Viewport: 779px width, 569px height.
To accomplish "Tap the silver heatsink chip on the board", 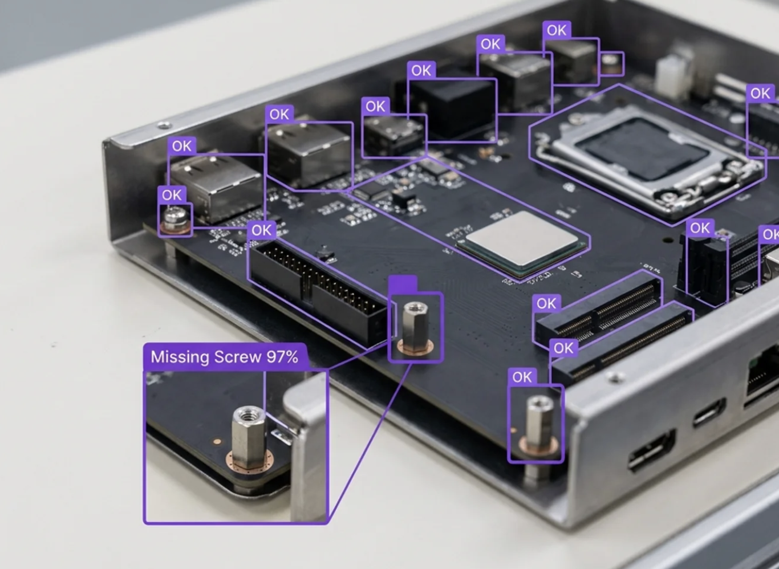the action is tap(522, 238).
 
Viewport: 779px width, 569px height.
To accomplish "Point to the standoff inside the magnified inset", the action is tap(249, 437).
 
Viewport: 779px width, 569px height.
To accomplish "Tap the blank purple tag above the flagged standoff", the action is tap(403, 284).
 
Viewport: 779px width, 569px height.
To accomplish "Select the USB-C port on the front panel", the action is tap(709, 413).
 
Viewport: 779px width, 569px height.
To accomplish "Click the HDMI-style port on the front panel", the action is tap(652, 450).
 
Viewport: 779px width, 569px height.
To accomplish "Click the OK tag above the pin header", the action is tap(262, 230).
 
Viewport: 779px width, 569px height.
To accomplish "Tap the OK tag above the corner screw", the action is tap(172, 194).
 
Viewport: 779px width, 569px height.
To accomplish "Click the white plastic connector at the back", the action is tap(673, 77).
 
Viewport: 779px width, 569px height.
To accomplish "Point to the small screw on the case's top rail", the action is tap(164, 125).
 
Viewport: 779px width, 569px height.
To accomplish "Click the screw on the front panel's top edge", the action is tap(615, 376).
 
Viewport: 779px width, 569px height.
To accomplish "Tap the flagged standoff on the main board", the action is tap(415, 328).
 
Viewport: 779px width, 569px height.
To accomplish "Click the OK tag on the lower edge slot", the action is tap(563, 348).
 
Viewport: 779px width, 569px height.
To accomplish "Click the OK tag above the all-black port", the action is tap(421, 71).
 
